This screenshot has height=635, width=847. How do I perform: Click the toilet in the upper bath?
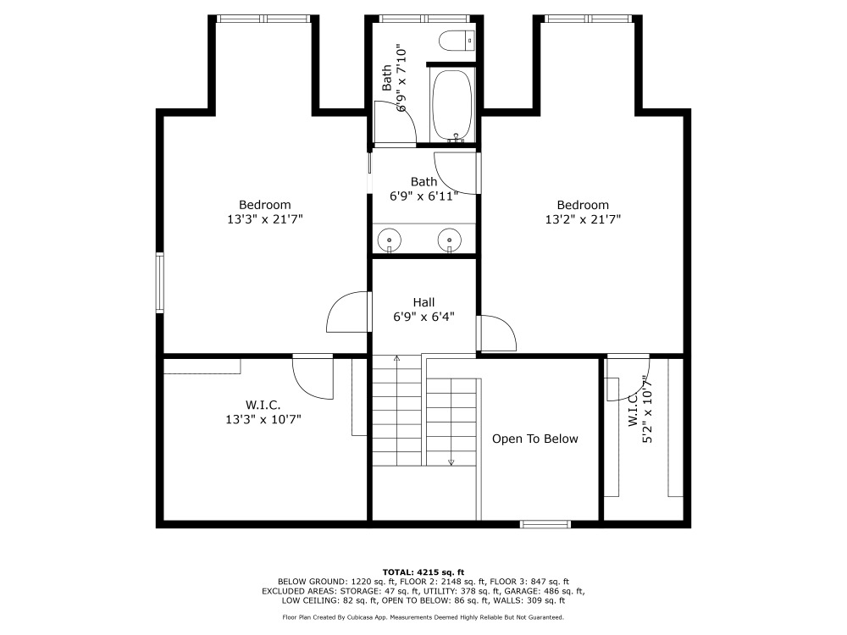point(457,41)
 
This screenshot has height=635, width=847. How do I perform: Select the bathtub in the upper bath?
point(452,105)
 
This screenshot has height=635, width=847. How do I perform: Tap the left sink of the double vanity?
point(389,239)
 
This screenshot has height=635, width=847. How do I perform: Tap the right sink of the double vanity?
point(450,239)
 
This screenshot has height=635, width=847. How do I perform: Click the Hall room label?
point(423,302)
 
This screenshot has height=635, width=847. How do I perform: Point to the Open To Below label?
point(534,439)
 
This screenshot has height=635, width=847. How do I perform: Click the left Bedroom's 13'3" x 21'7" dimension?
point(264,219)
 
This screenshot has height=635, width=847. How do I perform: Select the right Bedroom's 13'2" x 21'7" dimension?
point(583,219)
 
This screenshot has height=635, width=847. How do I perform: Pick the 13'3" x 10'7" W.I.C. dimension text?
point(263,419)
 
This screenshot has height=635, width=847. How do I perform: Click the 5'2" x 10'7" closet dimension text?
point(647,409)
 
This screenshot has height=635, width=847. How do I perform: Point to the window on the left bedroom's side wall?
point(160,283)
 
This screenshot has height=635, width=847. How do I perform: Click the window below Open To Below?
point(545,524)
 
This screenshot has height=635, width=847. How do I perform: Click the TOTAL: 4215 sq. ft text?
point(423,572)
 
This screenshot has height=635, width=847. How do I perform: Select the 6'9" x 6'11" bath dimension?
point(424,196)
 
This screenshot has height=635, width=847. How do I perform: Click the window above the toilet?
point(424,19)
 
